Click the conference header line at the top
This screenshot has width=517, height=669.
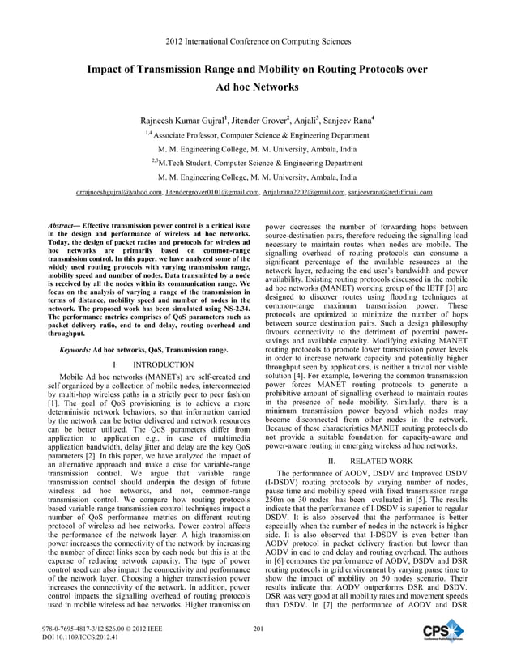[x=258, y=40]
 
